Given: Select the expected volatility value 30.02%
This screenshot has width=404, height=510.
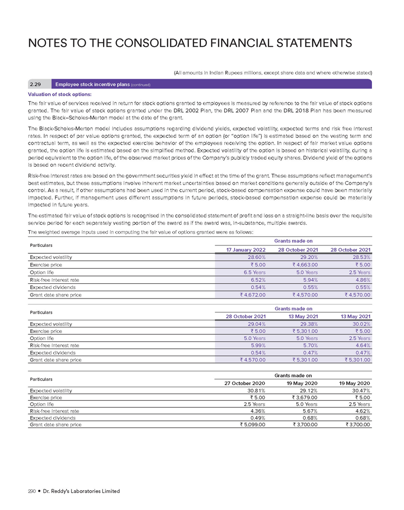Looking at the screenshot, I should coord(359,324).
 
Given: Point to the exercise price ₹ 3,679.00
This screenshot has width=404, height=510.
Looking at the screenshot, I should coord(303,398).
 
